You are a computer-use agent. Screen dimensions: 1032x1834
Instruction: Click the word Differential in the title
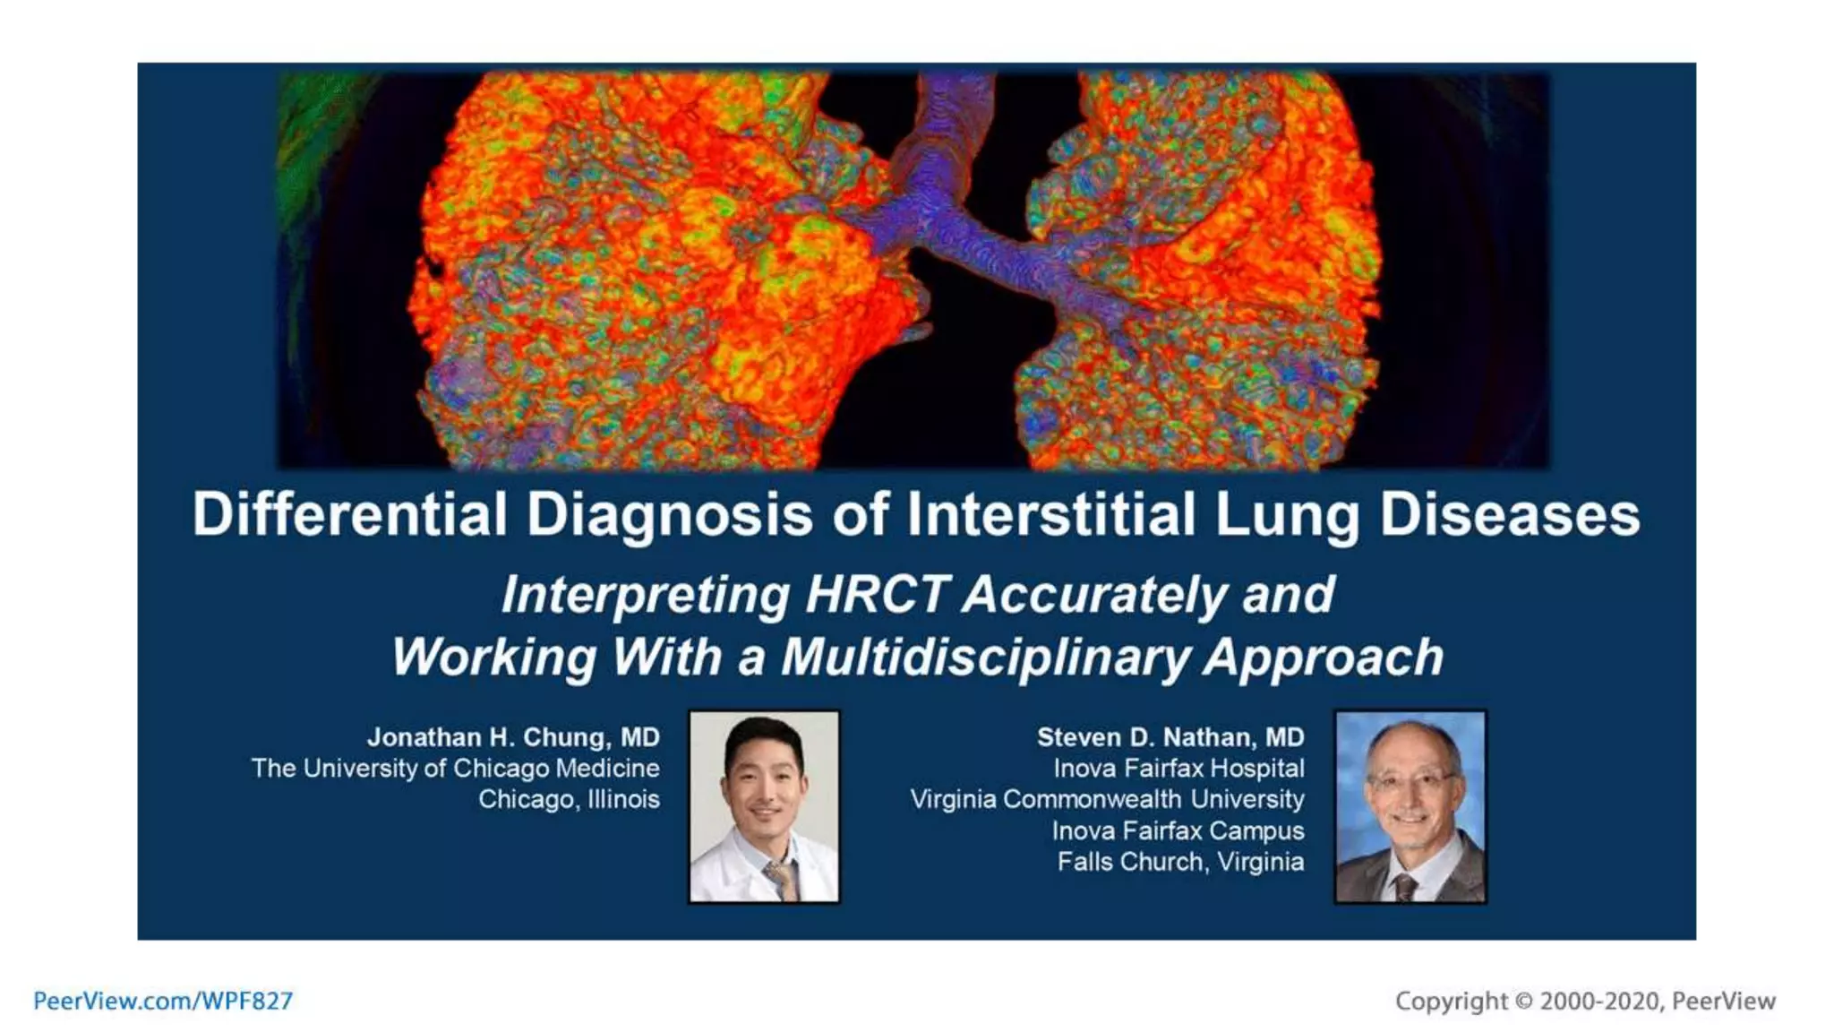350,515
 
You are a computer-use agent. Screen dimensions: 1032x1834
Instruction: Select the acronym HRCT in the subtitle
876,594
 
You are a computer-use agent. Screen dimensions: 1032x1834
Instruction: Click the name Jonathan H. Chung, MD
513,737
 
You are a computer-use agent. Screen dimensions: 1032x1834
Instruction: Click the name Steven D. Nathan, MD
1170,737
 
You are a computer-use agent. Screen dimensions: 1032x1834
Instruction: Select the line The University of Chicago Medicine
455,769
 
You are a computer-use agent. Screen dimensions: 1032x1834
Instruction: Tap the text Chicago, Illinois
569,799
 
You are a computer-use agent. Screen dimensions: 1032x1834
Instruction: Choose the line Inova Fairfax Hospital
1178,769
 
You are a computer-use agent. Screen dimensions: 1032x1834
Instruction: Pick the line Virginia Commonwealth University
1107,799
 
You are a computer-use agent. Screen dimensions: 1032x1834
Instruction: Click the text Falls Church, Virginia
1180,862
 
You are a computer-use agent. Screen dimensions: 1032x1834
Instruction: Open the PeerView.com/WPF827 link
163,1001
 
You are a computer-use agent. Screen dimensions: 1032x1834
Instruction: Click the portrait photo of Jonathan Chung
764,806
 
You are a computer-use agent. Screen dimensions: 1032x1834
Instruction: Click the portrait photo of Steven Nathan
1410,806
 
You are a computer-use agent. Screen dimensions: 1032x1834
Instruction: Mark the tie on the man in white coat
781,878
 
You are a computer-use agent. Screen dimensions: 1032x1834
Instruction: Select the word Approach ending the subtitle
1323,657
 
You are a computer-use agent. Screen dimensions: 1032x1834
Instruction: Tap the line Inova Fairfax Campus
1178,830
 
